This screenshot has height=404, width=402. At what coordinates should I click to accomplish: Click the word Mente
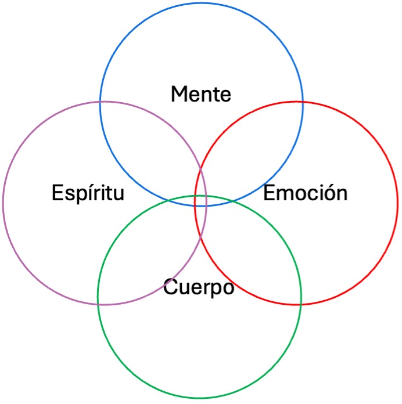(201, 94)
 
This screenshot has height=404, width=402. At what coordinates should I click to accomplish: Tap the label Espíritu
(88, 193)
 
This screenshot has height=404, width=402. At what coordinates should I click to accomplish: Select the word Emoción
(306, 193)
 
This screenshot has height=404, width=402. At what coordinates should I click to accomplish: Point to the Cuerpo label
(199, 287)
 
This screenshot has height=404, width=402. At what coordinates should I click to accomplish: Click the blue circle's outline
(201, 3)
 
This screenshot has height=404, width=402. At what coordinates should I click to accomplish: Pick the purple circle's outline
(3, 203)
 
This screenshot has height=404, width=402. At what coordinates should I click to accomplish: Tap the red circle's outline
(398, 203)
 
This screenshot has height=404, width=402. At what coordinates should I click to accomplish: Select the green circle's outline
(199, 398)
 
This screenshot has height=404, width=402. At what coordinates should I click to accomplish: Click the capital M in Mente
(180, 94)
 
